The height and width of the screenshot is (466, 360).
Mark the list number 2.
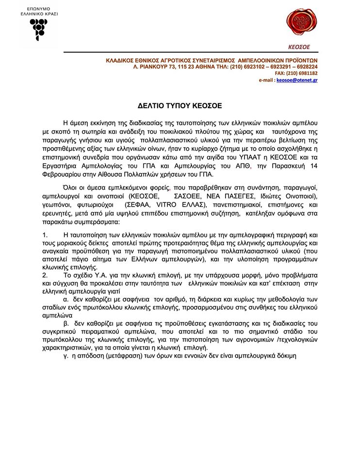click(x=44, y=275)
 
